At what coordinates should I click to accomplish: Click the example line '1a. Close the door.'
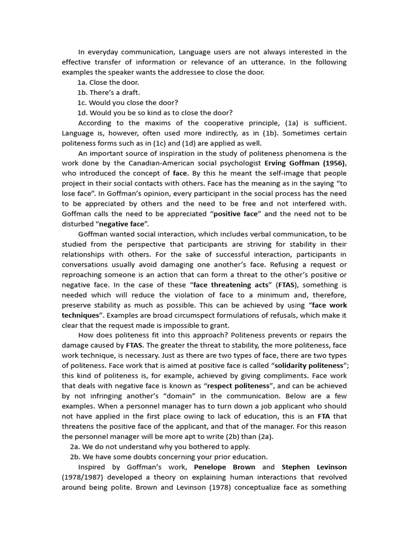(x=108, y=82)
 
